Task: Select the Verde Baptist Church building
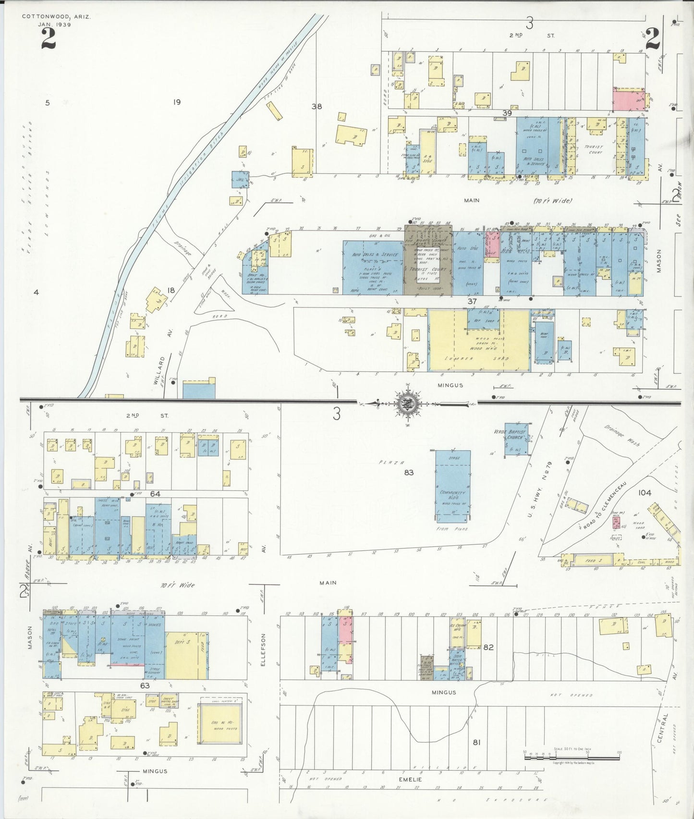point(516,442)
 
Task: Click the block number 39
point(507,113)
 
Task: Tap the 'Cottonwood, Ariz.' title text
point(56,16)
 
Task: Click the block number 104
point(645,493)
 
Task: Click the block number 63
point(145,685)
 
